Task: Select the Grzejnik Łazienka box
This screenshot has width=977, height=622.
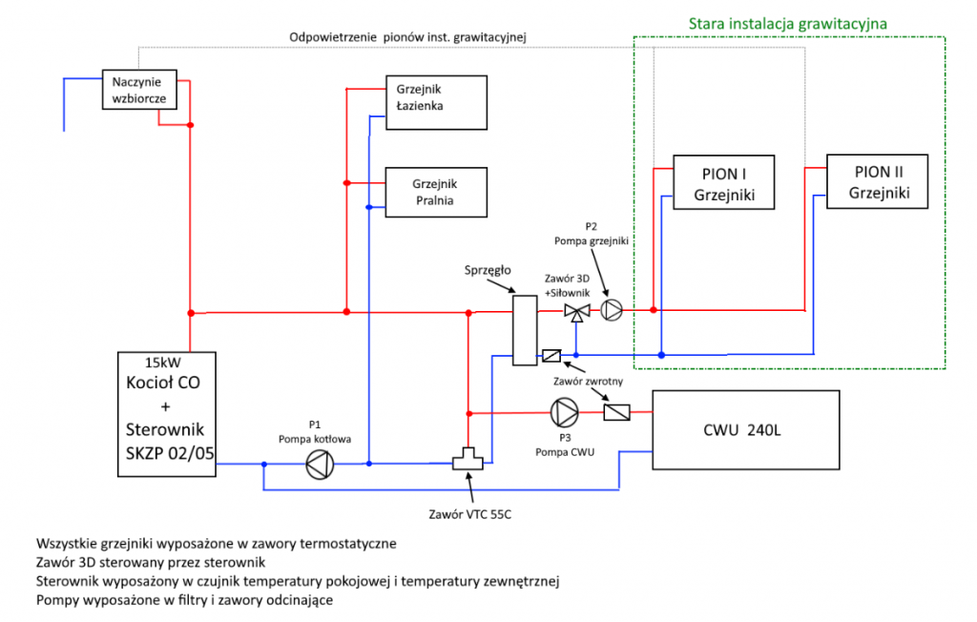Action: pyautogui.click(x=435, y=98)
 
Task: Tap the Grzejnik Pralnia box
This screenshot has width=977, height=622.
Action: pyautogui.click(x=435, y=191)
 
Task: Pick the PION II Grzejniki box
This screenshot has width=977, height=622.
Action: pyautogui.click(x=877, y=181)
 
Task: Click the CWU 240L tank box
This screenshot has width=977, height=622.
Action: pyautogui.click(x=745, y=429)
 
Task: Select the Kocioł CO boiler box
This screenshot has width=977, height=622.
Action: pyautogui.click(x=166, y=412)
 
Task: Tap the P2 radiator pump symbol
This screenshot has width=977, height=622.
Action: pyautogui.click(x=612, y=310)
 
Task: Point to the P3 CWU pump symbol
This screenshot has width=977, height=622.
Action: pyautogui.click(x=563, y=412)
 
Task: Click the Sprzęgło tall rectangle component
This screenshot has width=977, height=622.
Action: pyautogui.click(x=523, y=330)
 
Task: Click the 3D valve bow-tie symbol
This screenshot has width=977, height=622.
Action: pyautogui.click(x=575, y=311)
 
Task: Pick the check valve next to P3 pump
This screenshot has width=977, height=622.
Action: pyautogui.click(x=617, y=412)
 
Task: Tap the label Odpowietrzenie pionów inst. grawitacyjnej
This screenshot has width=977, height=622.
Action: pyautogui.click(x=407, y=37)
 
